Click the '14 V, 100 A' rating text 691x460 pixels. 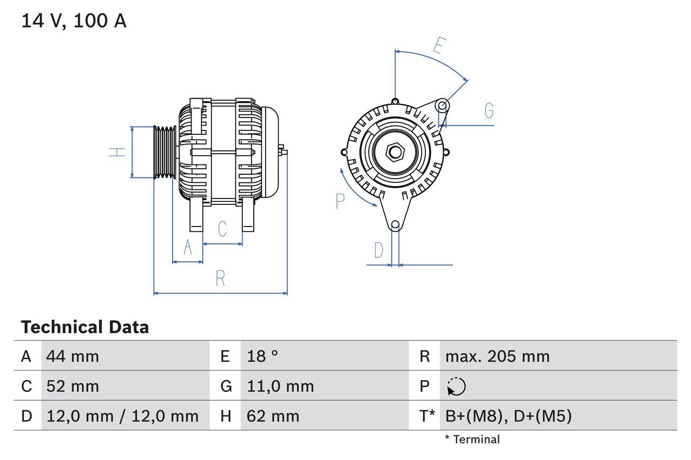pos(74,21)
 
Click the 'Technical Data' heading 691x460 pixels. pos(85,327)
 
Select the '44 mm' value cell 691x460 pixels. pos(73,356)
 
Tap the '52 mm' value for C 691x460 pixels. pos(73,386)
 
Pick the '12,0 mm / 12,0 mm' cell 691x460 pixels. pos(123,416)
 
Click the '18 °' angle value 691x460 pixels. pos(262,356)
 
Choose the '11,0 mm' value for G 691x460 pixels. pos(280,386)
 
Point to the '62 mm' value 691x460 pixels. pos(273,416)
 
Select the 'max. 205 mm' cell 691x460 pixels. pos(497,356)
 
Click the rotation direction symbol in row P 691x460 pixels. pos(456,386)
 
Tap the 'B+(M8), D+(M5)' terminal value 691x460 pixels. pos(508,416)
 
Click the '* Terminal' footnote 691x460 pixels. pos(472,440)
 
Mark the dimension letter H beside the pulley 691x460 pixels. pos(117,152)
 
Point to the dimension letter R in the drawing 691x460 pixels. pos(220,279)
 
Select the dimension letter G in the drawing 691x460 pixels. pos(489,111)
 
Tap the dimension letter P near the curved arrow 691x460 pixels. pos(340,201)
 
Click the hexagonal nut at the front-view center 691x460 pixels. pos(395,152)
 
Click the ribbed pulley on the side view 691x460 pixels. pos(165,152)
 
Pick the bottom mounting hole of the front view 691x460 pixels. pos(395,225)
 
